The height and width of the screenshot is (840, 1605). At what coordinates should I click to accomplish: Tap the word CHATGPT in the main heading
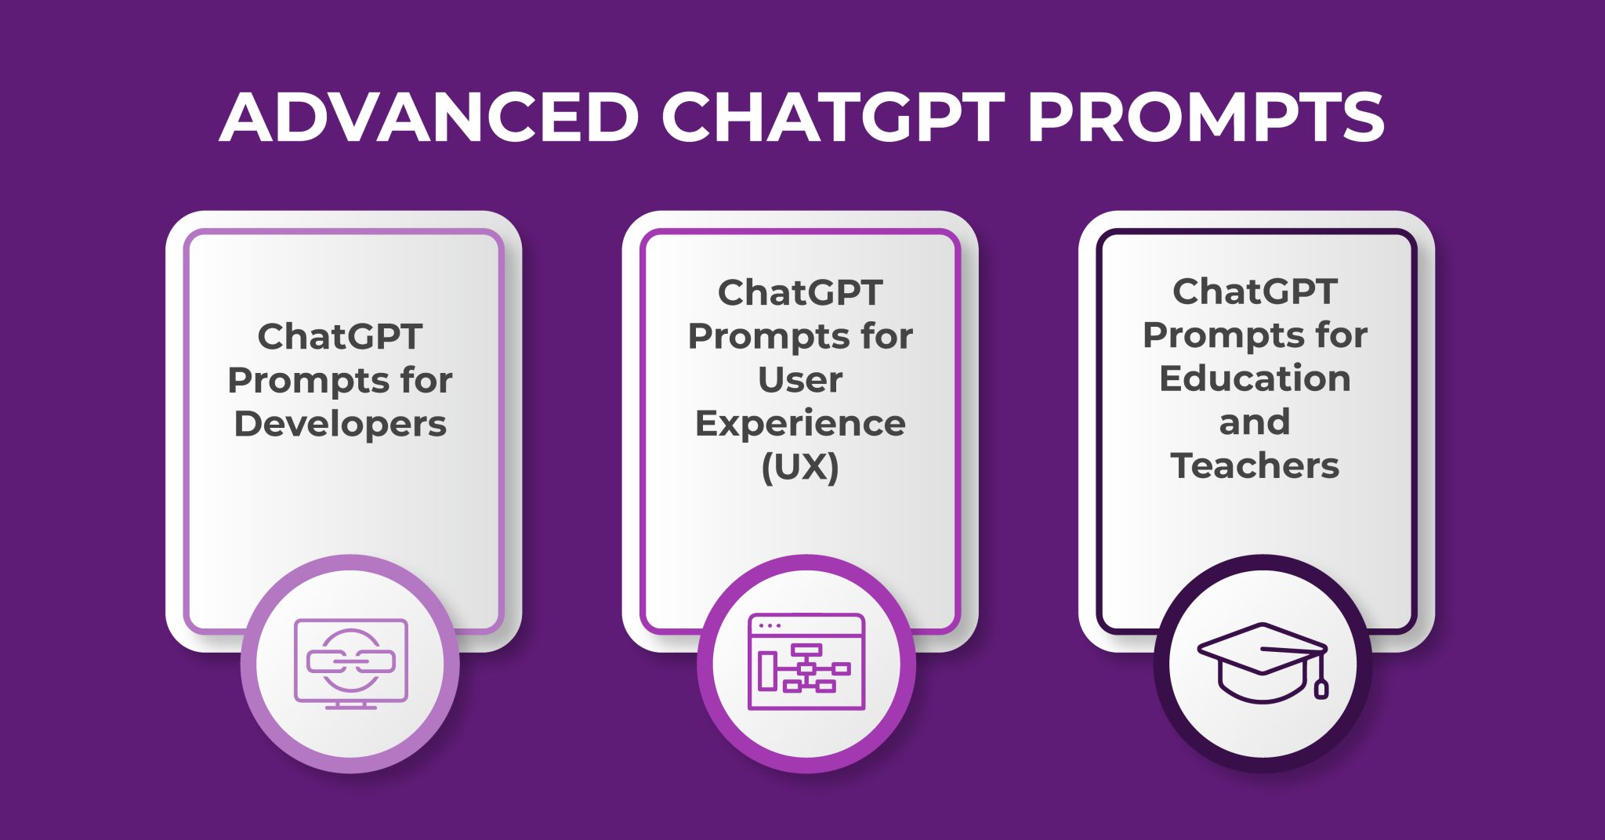[833, 118]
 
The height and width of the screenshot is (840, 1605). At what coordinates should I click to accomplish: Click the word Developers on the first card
[340, 424]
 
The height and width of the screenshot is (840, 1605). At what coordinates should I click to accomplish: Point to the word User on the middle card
[800, 380]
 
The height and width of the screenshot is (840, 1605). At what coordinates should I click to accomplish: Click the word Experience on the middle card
[800, 424]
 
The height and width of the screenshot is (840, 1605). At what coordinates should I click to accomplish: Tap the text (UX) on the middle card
[800, 467]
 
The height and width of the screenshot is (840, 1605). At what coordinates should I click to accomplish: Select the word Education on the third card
[1255, 378]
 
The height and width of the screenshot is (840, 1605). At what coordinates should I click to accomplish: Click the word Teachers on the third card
[1255, 465]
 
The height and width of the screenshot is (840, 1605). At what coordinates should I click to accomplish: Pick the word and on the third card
[1255, 422]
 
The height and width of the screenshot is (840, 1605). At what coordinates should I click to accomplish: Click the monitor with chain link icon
[350, 663]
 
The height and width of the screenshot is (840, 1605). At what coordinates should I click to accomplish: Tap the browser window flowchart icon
[806, 662]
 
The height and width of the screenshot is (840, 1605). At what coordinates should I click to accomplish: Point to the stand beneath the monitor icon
[350, 705]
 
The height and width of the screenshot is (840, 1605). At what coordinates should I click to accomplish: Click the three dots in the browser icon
[770, 625]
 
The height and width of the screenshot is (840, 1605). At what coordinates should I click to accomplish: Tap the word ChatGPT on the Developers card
[340, 337]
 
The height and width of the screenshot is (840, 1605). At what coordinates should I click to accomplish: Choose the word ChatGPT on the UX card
[800, 293]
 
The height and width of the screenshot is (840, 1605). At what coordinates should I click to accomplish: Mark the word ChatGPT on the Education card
[1255, 291]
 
